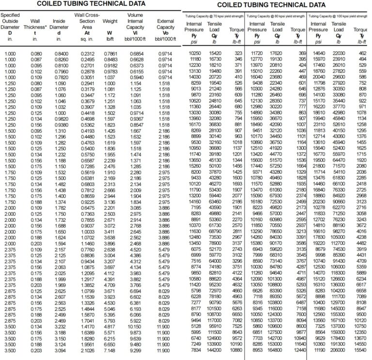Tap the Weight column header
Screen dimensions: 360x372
110,21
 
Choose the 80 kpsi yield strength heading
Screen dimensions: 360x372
275,16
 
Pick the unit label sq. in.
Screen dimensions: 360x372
87,38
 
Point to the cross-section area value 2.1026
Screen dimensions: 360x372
87,349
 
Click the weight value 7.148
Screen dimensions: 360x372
110,349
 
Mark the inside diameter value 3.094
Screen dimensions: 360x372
61,349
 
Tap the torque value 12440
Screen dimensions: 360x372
299,349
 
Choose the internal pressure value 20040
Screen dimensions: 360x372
318,77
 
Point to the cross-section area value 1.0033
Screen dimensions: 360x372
87,232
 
